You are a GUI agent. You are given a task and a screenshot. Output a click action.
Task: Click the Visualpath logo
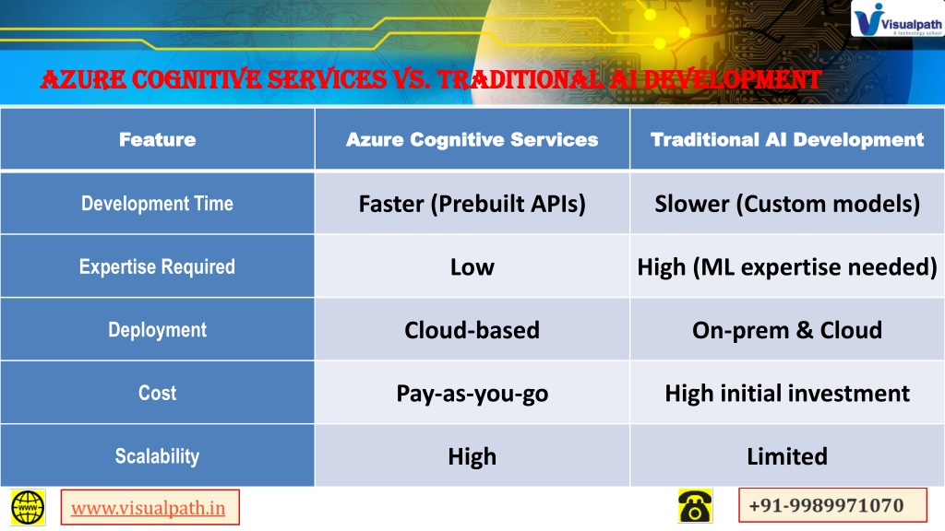coord(897,19)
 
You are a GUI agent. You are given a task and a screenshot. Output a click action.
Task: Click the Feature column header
coord(157,140)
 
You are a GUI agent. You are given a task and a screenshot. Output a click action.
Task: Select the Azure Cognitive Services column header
coord(472,140)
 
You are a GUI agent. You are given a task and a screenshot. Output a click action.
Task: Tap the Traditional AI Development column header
coord(787,140)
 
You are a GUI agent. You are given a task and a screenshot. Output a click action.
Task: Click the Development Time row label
coord(157,204)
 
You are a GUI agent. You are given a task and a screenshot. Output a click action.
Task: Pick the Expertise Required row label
coord(157,266)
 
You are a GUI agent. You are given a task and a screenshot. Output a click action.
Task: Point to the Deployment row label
coord(157,330)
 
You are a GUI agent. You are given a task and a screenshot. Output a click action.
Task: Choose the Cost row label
coord(157,393)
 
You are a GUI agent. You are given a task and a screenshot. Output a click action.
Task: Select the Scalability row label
coord(157,456)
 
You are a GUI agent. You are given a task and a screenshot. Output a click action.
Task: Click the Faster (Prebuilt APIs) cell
coord(472,204)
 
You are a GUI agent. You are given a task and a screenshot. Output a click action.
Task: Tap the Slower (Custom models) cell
coord(787,204)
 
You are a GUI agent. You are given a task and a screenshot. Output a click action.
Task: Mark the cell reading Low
coord(472,266)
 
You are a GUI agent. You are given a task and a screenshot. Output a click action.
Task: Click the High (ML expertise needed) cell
coord(787,266)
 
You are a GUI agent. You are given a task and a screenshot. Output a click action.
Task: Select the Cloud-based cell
coord(472,330)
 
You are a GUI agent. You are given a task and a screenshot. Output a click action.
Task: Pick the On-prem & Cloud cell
coord(787,330)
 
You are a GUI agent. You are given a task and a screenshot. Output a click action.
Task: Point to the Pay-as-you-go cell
coord(472,393)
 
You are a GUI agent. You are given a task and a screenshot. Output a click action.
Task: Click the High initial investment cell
coord(787,393)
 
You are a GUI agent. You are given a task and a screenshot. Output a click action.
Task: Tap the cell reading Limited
coord(787,456)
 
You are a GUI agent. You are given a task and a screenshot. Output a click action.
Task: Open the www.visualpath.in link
coord(149,508)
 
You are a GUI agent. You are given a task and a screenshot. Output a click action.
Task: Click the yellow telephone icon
coord(695,506)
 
